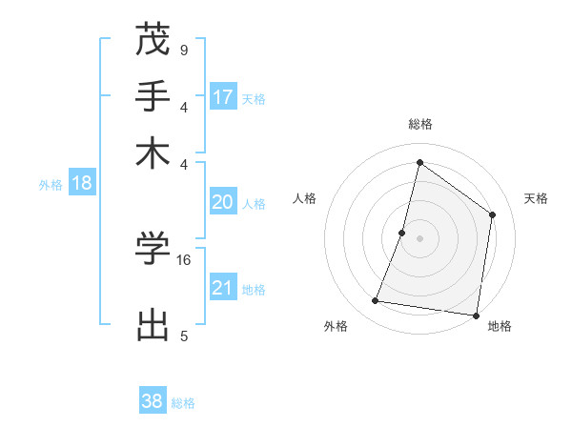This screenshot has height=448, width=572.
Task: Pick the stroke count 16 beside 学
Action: (x=185, y=259)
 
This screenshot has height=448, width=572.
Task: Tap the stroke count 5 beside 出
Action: (x=183, y=336)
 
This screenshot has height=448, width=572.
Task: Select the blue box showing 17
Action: (x=223, y=96)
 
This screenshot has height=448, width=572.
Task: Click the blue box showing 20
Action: (x=223, y=202)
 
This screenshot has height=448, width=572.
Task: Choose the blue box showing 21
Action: (x=223, y=288)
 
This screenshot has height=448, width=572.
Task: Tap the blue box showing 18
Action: (x=81, y=183)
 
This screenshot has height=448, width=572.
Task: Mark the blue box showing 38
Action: (x=153, y=401)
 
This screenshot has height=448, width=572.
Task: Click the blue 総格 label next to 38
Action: (x=183, y=403)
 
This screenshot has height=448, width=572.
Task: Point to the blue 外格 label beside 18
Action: (x=51, y=185)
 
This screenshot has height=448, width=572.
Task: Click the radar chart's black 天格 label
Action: (x=536, y=198)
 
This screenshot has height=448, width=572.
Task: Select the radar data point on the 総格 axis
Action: (x=419, y=162)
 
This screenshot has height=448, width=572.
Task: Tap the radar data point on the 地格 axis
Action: (x=476, y=315)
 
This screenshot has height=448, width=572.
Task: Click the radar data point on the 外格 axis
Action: (x=375, y=301)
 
